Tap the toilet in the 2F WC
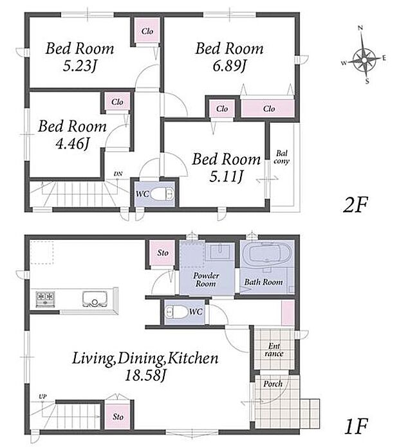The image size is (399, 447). point(162,194)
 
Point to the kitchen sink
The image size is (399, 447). point(95,299)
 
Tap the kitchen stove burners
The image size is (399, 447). point(45,299)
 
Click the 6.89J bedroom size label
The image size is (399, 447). point(229,66)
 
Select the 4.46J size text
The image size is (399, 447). point(73,143)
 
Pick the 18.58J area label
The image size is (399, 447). point(145,376)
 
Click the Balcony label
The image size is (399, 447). point(281,157)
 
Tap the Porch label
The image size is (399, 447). point(273,383)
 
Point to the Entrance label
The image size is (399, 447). point(274,350)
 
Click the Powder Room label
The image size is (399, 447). point(206,279)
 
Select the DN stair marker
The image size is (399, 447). point(118,174)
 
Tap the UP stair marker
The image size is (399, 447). point(42,397)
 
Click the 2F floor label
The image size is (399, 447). point(355,205)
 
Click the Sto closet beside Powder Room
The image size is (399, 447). point(163,253)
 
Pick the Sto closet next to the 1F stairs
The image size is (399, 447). point(118,416)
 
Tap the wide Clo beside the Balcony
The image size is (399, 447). point(268,108)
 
